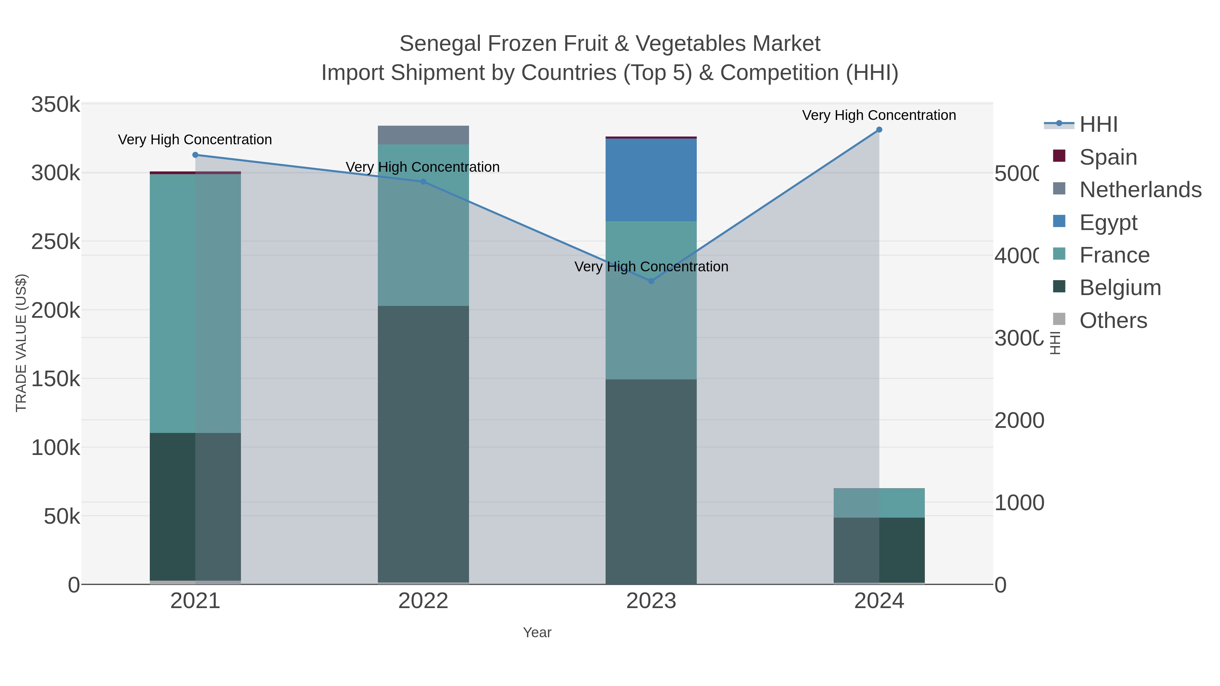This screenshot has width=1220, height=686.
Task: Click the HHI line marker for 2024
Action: [879, 130]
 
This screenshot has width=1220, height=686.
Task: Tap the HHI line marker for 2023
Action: [651, 281]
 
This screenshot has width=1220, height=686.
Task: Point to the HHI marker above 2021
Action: [195, 155]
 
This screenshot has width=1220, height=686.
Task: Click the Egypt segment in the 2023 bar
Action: [651, 180]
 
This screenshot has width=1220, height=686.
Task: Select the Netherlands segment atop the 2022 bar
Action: [423, 135]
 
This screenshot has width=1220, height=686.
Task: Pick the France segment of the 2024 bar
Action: [879, 503]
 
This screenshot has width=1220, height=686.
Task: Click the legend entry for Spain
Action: [1108, 157]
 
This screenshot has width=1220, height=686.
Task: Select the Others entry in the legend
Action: [1113, 320]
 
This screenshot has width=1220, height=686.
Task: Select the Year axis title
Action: [537, 632]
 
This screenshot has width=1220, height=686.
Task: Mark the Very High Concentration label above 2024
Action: [879, 115]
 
